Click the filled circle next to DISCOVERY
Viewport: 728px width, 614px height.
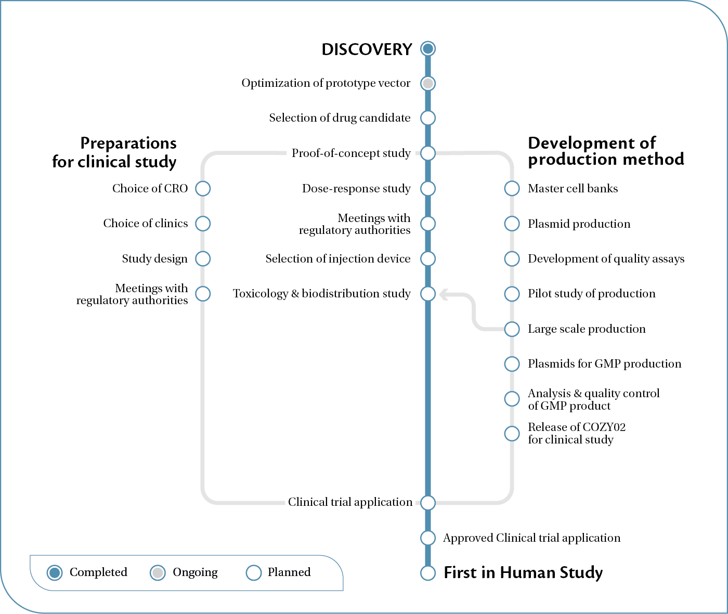428,49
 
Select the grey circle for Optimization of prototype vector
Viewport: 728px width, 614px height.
428,83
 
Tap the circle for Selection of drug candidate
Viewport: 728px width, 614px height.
428,118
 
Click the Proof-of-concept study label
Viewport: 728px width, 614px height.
351,153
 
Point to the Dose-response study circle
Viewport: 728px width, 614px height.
428,188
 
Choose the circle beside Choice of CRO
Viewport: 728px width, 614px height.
203,188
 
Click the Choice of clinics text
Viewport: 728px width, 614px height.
146,224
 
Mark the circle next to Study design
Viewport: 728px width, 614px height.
203,258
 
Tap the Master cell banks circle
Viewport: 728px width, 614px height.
512,188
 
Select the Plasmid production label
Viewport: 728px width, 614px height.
579,224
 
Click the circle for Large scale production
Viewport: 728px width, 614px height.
512,329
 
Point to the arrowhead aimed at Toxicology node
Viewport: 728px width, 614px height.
443,295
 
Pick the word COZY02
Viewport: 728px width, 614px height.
604,427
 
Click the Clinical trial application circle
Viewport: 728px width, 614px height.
428,503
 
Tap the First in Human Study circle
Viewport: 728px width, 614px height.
428,573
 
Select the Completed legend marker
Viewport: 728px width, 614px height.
55,573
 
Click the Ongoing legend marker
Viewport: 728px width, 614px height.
158,573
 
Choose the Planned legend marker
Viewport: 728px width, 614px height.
253,573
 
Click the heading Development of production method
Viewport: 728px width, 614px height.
606,151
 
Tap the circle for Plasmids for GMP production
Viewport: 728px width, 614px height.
512,364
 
